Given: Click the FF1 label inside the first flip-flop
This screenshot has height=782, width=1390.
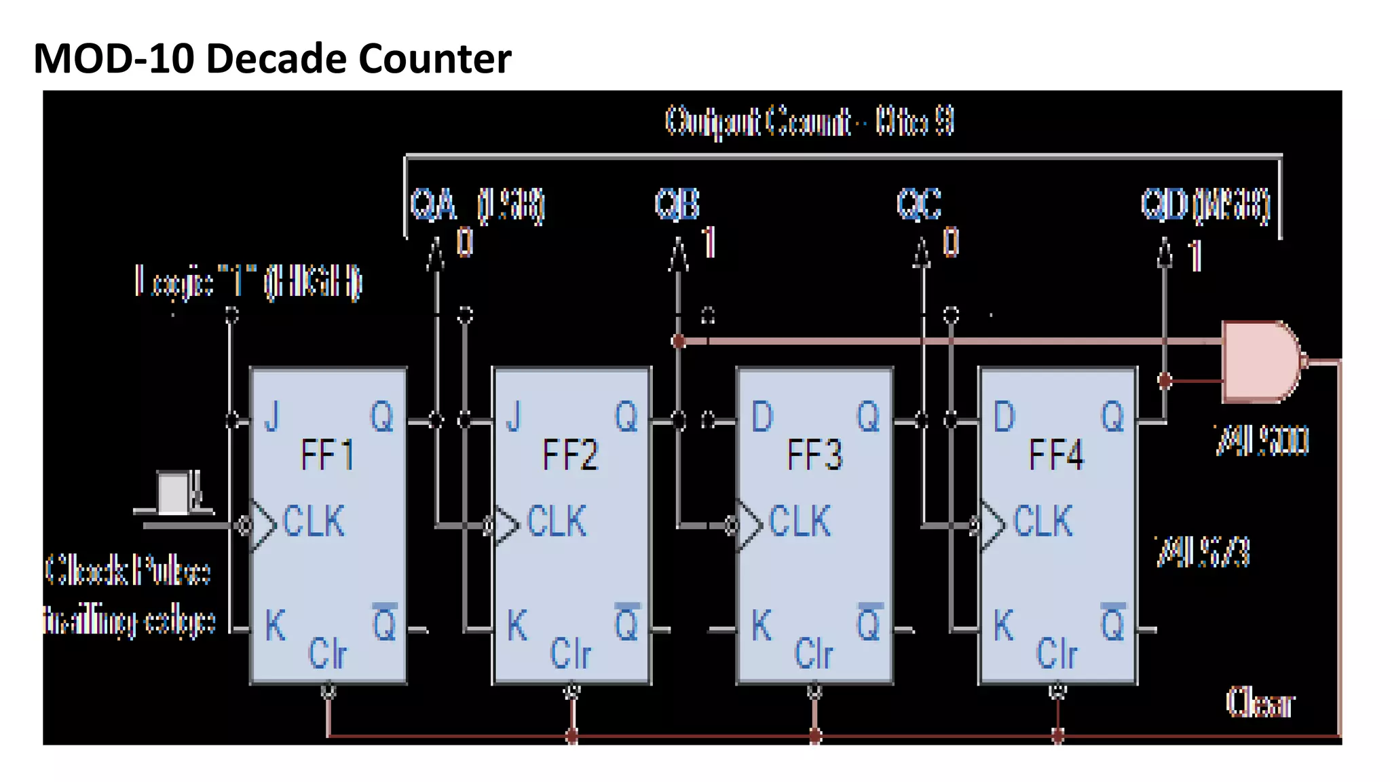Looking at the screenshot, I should click(x=327, y=455).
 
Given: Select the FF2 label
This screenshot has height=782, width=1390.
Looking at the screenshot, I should click(x=570, y=455).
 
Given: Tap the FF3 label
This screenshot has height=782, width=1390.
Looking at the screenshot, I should click(x=814, y=455).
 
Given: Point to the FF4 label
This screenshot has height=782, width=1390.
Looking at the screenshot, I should click(x=1056, y=455).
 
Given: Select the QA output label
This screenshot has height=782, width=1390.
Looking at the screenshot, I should click(x=433, y=204).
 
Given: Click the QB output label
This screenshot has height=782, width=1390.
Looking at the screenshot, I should click(x=677, y=204).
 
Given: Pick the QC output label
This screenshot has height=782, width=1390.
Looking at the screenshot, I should click(x=919, y=204).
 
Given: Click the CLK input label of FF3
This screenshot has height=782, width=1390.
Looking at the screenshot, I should click(x=800, y=521).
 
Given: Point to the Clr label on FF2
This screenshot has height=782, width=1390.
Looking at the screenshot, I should click(x=570, y=654).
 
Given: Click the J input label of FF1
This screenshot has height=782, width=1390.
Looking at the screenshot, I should click(x=272, y=416).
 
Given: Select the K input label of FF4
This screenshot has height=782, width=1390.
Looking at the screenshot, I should click(x=1003, y=625).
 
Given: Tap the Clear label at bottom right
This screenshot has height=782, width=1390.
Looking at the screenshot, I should click(x=1260, y=703).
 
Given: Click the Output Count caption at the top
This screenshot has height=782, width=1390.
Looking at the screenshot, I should click(x=809, y=122).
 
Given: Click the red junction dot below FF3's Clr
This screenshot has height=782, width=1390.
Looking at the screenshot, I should click(x=815, y=735).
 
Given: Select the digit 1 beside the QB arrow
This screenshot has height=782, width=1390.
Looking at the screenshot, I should click(x=709, y=242).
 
